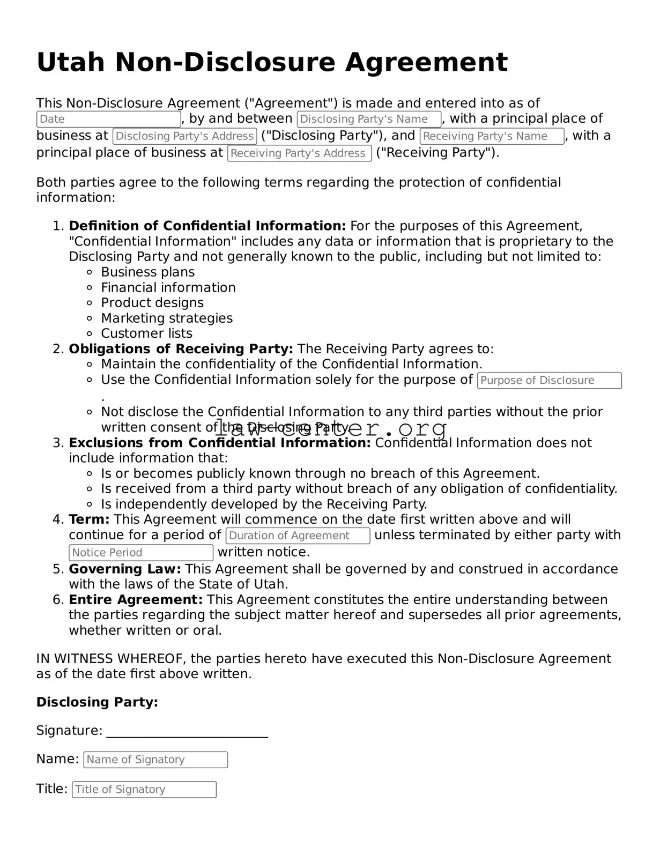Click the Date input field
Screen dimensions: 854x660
[108, 119]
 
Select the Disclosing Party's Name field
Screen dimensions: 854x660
[369, 119]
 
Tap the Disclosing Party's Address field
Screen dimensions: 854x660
[184, 136]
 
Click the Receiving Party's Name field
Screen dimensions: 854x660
[492, 136]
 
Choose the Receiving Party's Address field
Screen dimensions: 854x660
[299, 153]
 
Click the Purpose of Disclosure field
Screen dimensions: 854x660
[549, 381]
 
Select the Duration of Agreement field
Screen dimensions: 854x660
[298, 536]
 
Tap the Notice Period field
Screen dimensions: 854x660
[141, 553]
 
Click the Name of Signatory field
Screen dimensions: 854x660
[155, 760]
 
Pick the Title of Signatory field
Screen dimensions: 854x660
[144, 790]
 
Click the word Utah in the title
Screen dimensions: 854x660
[71, 62]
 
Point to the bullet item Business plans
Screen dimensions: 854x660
[147, 272]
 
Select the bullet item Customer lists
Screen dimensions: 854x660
[146, 333]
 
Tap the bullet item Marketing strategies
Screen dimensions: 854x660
[167, 318]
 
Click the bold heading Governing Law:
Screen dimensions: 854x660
[124, 569]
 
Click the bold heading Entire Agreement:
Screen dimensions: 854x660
[136, 600]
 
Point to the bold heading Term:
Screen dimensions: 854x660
[89, 519]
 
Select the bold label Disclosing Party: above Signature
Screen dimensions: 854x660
[97, 702]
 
